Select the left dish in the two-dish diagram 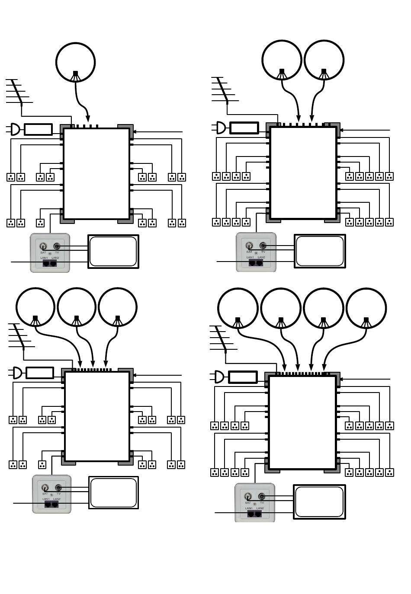tap(282, 60)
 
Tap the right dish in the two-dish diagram tap(324, 60)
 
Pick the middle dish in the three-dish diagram tap(77, 307)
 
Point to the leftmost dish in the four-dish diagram tap(238, 308)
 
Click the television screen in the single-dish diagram tap(113, 251)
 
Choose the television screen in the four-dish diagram tap(319, 501)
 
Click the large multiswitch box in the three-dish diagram tap(97, 415)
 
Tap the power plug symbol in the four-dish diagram tap(219, 377)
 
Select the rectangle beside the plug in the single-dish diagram tap(38, 129)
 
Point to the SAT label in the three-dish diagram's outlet tap(45, 493)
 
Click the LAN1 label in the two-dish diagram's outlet tap(250, 257)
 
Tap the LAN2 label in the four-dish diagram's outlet tap(260, 508)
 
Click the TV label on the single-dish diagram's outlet tap(57, 252)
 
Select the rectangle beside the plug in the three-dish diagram tap(40, 373)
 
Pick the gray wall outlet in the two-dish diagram tap(256, 252)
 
